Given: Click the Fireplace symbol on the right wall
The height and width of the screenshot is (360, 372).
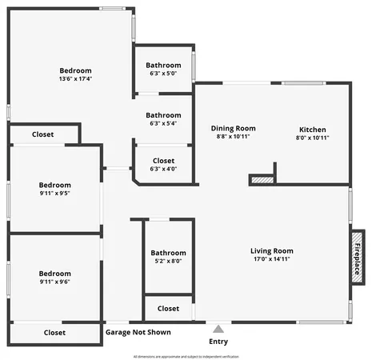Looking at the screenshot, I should (x=357, y=257).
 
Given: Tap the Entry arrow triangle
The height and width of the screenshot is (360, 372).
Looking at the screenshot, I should (x=218, y=328).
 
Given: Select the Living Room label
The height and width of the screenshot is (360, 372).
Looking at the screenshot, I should (x=271, y=250).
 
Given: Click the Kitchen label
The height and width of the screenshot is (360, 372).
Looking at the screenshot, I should (x=312, y=130).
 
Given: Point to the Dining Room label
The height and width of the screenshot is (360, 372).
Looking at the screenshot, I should (x=233, y=128).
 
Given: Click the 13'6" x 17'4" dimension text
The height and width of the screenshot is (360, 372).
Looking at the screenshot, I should (x=75, y=79).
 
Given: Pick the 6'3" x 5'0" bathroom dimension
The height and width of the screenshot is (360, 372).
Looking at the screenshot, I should (x=163, y=74).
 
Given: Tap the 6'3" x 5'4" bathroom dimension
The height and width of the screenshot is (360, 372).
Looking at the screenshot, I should (x=163, y=124).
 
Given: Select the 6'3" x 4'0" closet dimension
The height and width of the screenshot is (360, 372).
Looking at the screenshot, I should (x=163, y=169).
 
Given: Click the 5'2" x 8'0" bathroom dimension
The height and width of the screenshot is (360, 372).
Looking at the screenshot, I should (x=168, y=261).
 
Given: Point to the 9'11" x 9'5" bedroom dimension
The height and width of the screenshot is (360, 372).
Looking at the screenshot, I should (x=55, y=193).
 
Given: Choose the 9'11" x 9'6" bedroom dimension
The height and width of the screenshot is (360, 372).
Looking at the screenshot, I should (x=55, y=282).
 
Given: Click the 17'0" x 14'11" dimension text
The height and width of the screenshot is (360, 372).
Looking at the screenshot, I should (x=271, y=259).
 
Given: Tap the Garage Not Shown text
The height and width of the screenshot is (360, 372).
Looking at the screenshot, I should (x=137, y=332).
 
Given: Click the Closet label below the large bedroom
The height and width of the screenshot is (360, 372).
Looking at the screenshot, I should (x=43, y=134).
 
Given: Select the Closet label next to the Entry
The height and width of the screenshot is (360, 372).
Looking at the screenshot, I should (x=168, y=308).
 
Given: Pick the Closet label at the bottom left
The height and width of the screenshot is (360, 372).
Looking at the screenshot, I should (x=54, y=332).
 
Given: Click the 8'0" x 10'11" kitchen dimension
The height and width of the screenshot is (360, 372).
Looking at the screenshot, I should (x=312, y=138).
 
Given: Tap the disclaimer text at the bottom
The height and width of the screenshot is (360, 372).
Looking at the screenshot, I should (x=186, y=355).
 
